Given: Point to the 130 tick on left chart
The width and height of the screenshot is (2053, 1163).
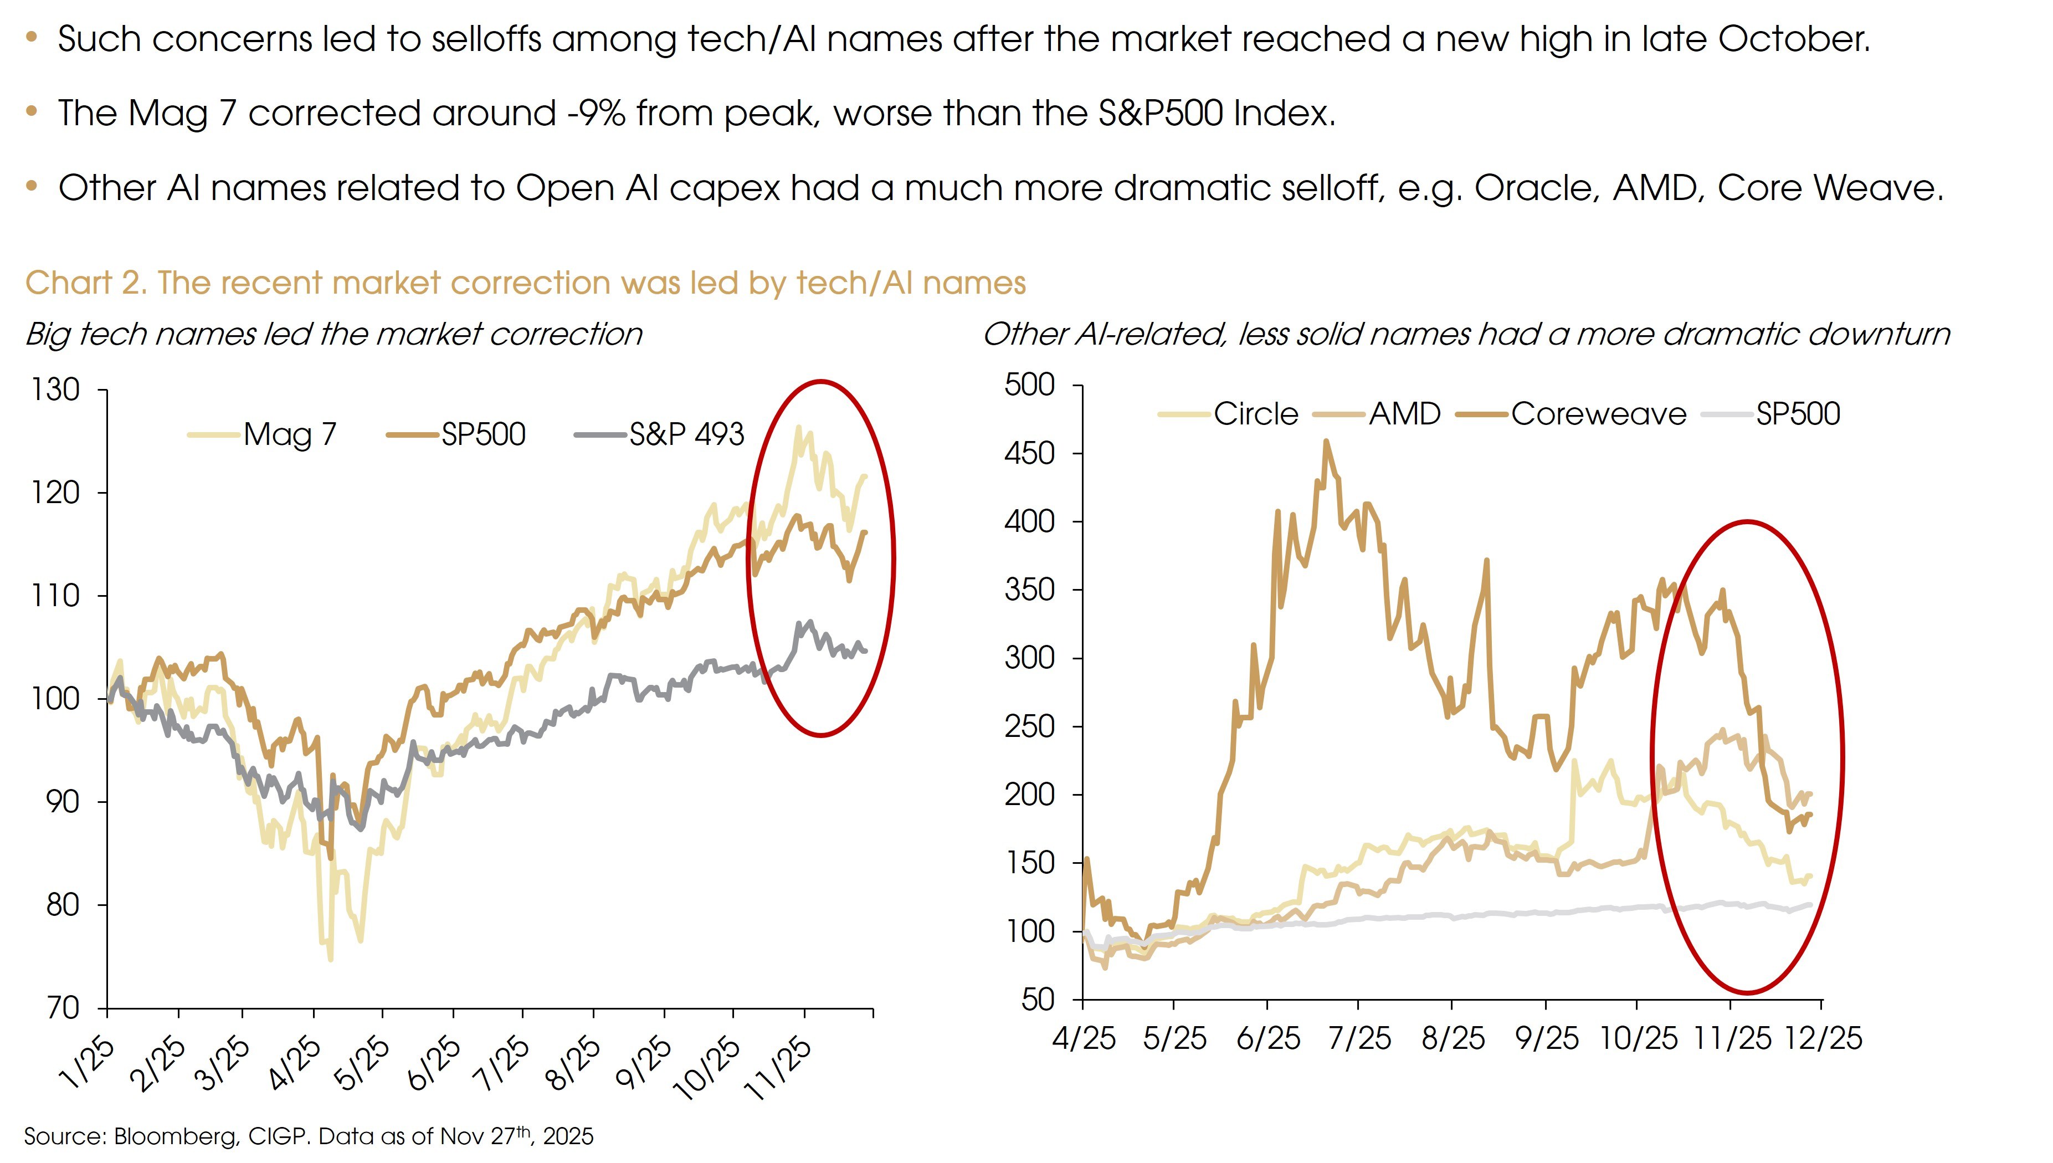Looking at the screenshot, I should [x=55, y=390].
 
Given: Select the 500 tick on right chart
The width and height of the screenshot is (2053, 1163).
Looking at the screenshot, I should [x=1029, y=385].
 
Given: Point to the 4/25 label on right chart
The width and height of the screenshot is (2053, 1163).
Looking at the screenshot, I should [x=1084, y=1038].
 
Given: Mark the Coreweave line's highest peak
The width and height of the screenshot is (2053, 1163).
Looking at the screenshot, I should [x=1326, y=441].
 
